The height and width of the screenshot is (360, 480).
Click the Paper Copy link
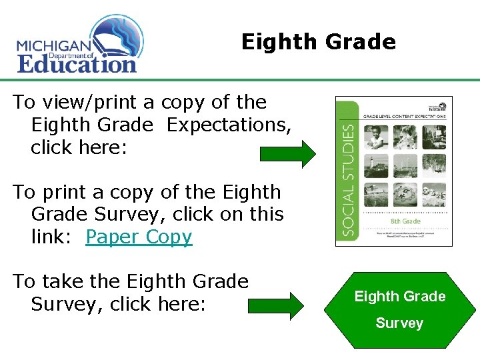[x=139, y=237]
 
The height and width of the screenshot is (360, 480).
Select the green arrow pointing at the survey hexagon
[x=275, y=305]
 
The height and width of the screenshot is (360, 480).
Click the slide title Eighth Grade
[x=318, y=42]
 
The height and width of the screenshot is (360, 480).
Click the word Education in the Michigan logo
[x=77, y=64]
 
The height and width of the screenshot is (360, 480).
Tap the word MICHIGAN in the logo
[x=53, y=46]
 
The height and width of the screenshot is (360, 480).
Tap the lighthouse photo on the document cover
[x=375, y=165]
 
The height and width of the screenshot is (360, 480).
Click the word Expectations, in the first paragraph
[x=229, y=125]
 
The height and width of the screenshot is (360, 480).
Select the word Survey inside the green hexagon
[x=399, y=323]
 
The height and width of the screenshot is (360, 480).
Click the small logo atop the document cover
[x=438, y=106]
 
